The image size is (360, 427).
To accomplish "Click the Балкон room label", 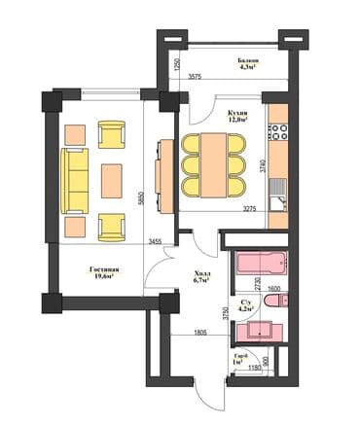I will [x=248, y=64].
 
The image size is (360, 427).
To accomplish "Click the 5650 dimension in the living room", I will [x=144, y=196].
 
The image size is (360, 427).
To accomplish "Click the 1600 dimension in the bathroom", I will [x=273, y=289].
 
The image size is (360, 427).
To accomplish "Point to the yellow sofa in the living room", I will [x=74, y=179].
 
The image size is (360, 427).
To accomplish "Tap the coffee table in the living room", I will [x=112, y=179].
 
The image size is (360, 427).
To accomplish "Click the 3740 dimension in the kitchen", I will [x=263, y=164].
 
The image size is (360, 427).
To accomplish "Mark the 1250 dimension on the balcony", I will [x=177, y=66].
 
